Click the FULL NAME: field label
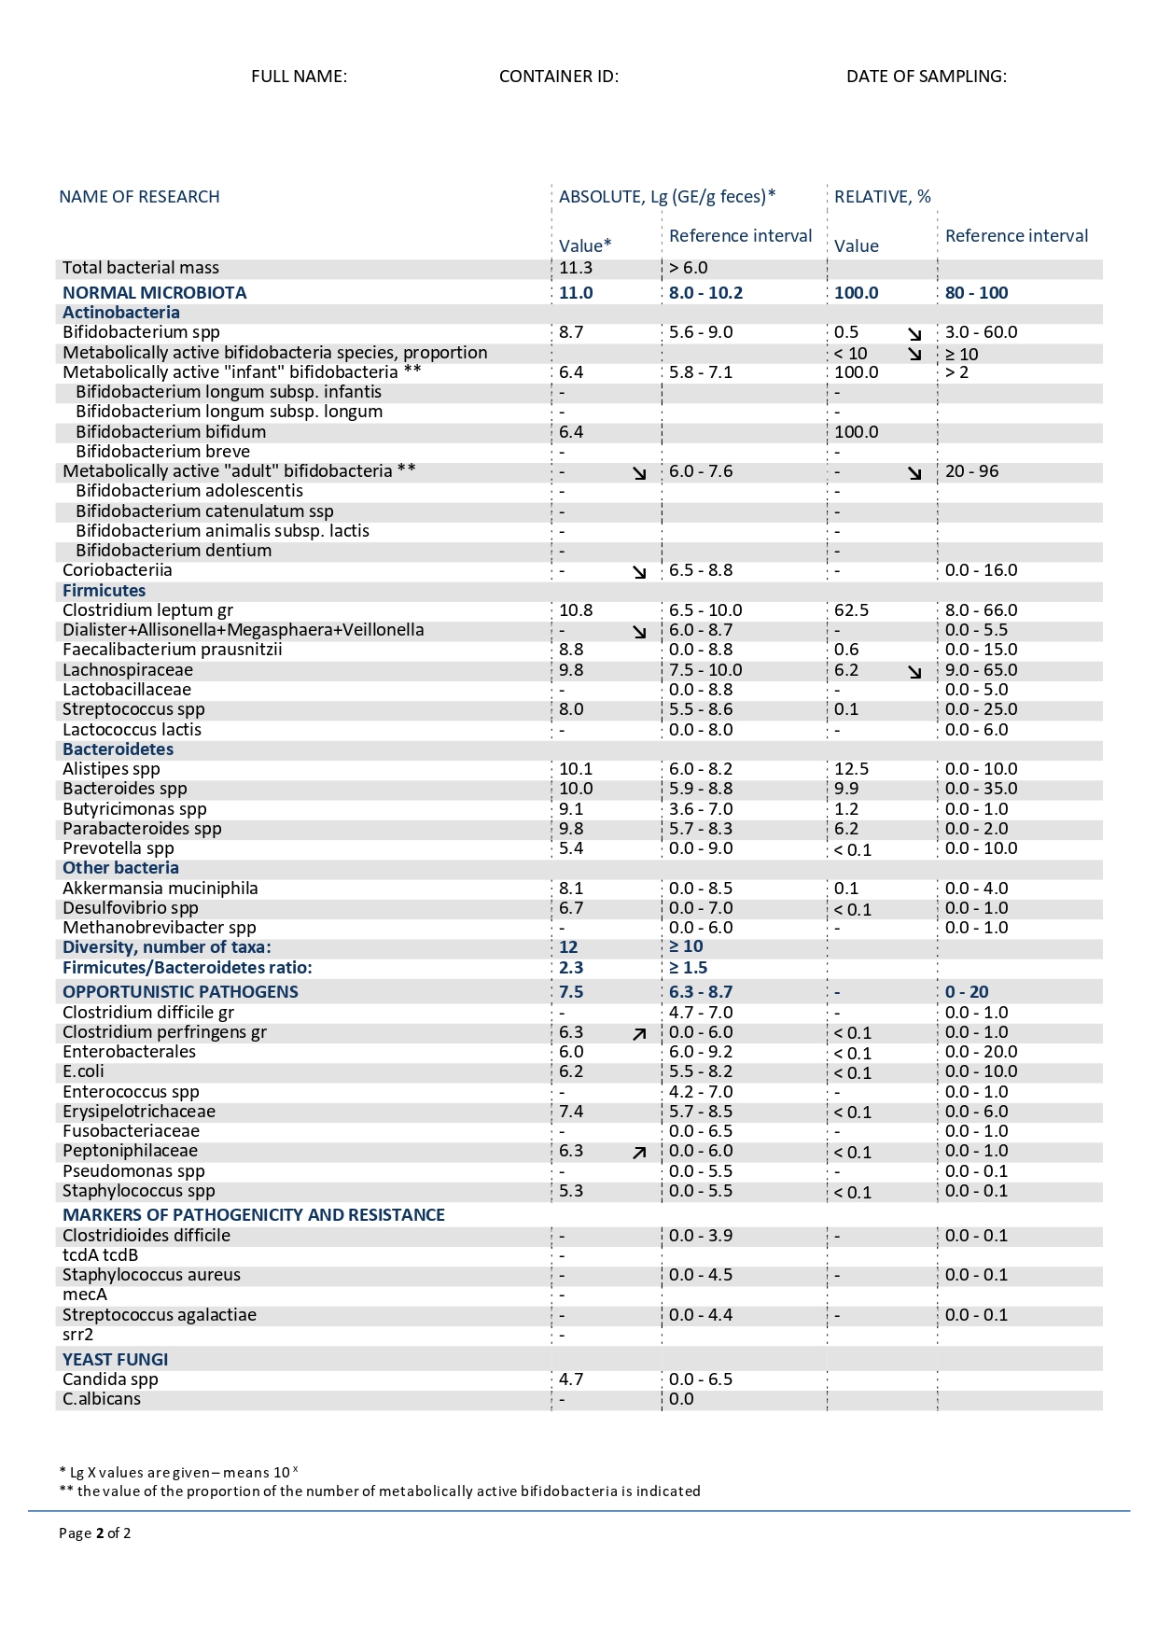coord(299,77)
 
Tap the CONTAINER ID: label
coord(558,77)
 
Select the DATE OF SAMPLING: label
coord(926,77)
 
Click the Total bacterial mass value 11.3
coord(576,268)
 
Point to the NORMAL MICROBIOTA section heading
coord(154,293)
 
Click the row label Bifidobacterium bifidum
coord(171,432)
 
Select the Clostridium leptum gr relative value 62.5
coord(851,610)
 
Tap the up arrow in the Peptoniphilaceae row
coord(639,1153)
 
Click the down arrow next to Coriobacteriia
coord(639,572)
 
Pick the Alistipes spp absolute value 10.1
coord(576,769)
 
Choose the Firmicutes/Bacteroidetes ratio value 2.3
coord(570,968)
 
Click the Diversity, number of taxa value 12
coord(568,947)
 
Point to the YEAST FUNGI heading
coord(115,1360)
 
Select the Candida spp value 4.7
coord(571,1379)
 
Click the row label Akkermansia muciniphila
coord(160,889)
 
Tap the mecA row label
coord(85,1295)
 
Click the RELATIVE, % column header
coord(882,197)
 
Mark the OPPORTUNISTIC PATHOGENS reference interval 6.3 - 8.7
coord(700,992)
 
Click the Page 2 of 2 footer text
coord(94,1533)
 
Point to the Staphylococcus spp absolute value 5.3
coord(571,1191)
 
